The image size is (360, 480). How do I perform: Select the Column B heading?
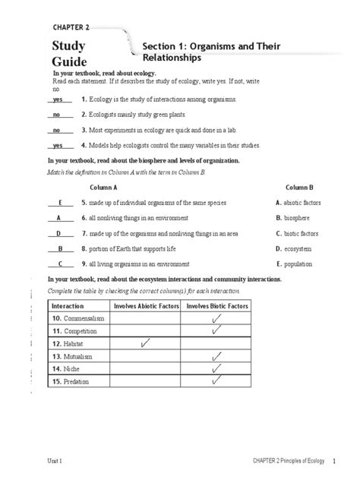click(300, 186)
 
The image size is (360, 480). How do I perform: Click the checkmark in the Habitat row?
click(145, 344)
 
